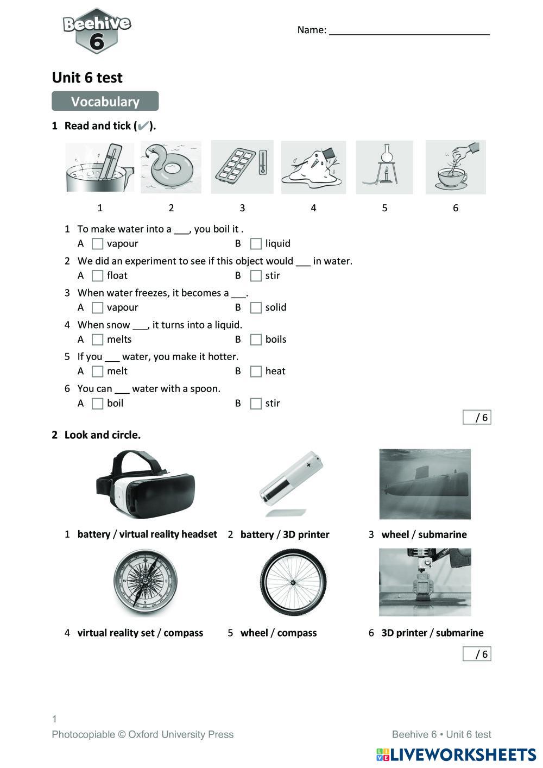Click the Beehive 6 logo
(97, 31)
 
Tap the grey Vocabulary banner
(105, 102)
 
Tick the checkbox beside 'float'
(98, 276)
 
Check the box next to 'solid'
(256, 308)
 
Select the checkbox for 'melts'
(98, 340)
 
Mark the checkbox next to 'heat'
(256, 372)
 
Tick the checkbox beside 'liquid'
(256, 244)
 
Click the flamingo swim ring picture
(171, 167)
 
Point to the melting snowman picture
(313, 167)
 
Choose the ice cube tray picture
(242, 167)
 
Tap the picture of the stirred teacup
(455, 167)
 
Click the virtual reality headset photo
(146, 484)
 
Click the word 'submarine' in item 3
(442, 534)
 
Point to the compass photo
(146, 582)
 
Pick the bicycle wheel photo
(293, 582)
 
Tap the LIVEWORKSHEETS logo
(456, 754)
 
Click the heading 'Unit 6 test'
(87, 78)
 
